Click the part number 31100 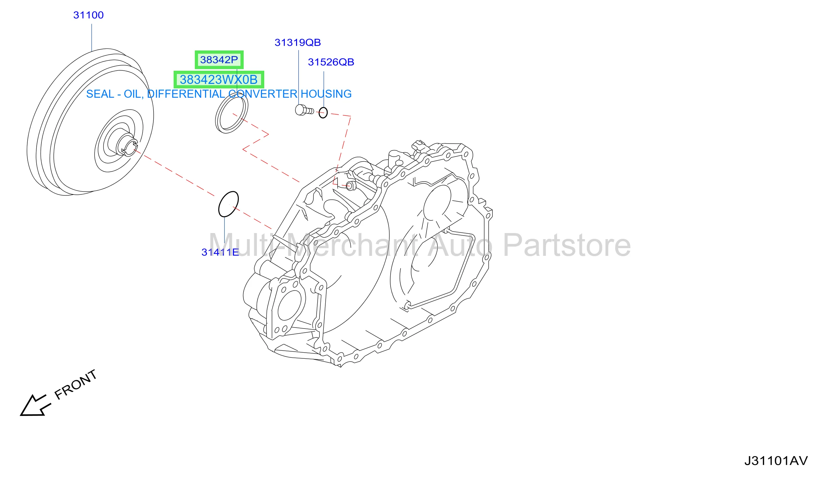(x=88, y=15)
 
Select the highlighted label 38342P (x=219, y=60)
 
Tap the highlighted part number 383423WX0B (x=219, y=80)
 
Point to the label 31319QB (x=297, y=42)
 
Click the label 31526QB (x=331, y=62)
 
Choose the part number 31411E (x=220, y=252)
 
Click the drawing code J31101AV (x=776, y=461)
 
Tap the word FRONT (x=76, y=385)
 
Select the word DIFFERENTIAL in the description (x=186, y=94)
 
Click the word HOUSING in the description (x=326, y=94)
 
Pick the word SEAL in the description (x=100, y=94)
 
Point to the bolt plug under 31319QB (x=304, y=110)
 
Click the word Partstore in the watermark (x=566, y=245)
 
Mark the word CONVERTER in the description (x=262, y=94)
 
